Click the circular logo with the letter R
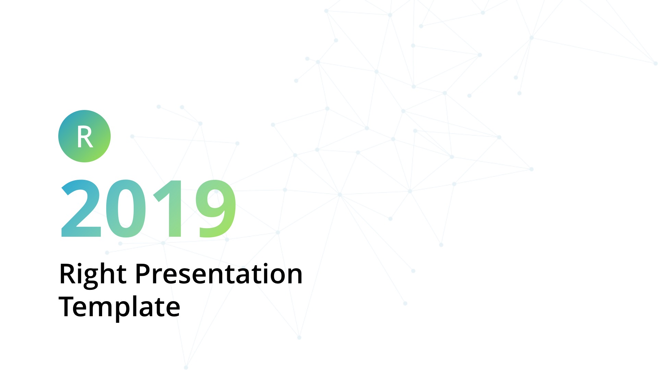tap(84, 136)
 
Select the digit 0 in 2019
tap(126, 208)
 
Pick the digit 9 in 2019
tap(216, 208)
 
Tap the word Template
tap(119, 307)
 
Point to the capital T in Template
tap(68, 307)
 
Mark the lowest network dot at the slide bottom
tap(186, 368)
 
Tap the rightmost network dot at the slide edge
tap(655, 63)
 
